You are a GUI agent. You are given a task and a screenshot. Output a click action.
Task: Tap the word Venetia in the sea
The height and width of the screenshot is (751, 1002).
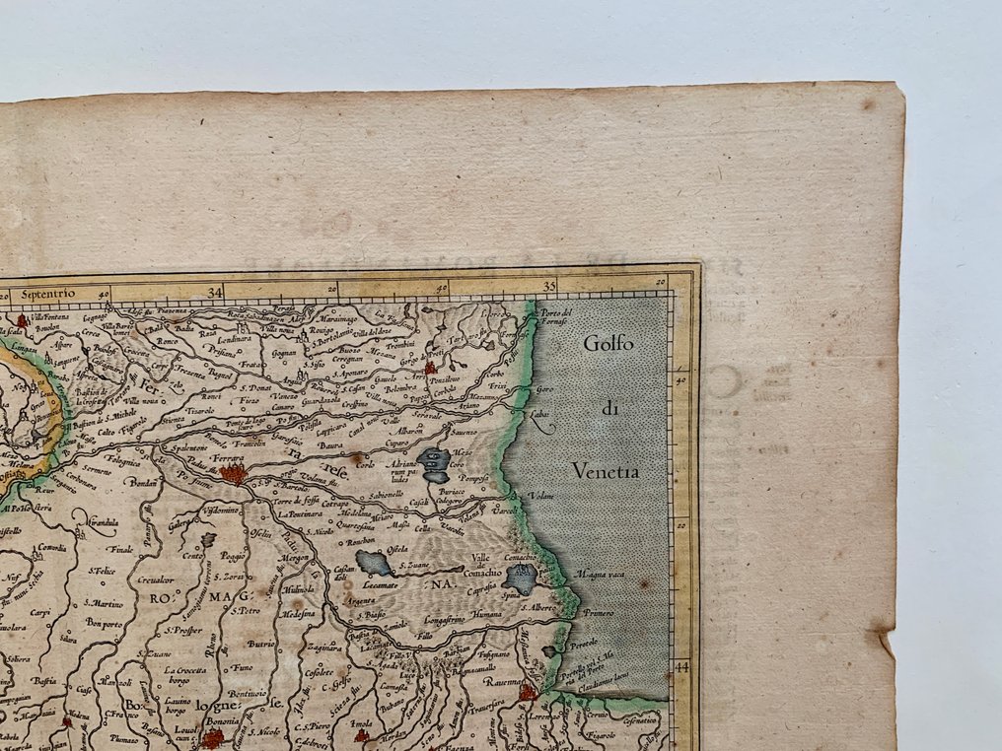click(606, 472)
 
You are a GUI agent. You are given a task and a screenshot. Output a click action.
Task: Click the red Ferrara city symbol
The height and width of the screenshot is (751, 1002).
click(234, 474)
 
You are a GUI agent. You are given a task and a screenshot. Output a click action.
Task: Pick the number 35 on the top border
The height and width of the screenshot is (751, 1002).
click(551, 287)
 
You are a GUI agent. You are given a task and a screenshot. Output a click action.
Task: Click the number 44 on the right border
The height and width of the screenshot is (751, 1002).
click(680, 666)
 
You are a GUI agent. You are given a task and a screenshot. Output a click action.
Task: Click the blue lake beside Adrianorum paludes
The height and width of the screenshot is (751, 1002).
click(434, 459)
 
